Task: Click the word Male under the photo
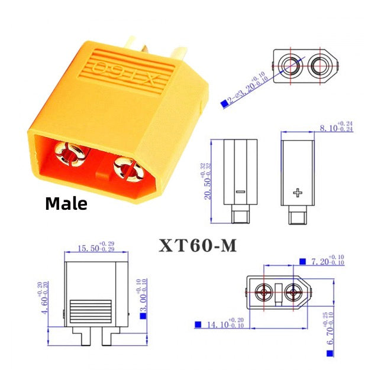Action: click(x=66, y=204)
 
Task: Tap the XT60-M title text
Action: click(x=197, y=245)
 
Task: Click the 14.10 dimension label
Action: click(x=222, y=323)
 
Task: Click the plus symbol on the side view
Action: click(x=298, y=193)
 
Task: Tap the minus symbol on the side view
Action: click(x=239, y=193)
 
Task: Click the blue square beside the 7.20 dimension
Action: click(x=302, y=261)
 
